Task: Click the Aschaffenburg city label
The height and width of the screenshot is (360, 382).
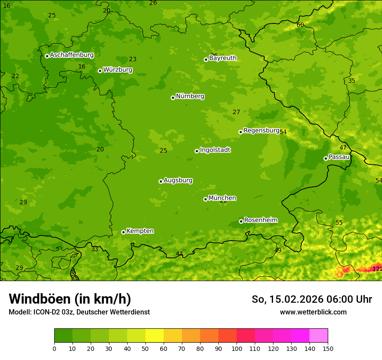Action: tap(72, 55)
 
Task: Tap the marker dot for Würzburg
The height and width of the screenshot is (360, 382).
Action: tap(100, 71)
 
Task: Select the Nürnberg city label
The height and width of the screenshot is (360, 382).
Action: tap(190, 96)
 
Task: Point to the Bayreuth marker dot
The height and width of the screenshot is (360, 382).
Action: tap(206, 59)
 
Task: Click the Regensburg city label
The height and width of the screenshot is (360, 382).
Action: tap(261, 131)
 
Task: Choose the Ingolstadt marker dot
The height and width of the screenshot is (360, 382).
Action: tap(197, 151)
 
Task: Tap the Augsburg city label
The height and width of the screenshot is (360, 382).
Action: tap(178, 180)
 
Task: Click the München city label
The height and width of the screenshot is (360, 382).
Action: tap(222, 198)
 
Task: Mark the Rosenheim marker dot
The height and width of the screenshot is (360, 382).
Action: tap(241, 221)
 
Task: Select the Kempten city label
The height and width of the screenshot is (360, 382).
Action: tap(140, 231)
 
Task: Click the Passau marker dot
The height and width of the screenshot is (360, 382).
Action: tap(326, 158)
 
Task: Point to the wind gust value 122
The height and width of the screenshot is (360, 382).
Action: tap(377, 269)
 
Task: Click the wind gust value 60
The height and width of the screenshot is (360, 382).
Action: tap(300, 25)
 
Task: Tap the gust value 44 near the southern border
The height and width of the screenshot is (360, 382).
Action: tap(179, 254)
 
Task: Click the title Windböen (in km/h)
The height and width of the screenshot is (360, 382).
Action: tap(70, 299)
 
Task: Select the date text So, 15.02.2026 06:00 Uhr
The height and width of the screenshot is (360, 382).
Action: tap(312, 299)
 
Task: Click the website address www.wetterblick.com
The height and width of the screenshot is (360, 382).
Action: tap(313, 312)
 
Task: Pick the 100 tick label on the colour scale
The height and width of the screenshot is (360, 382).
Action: tap(237, 348)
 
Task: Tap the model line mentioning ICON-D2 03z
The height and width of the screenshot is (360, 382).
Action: tap(79, 312)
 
